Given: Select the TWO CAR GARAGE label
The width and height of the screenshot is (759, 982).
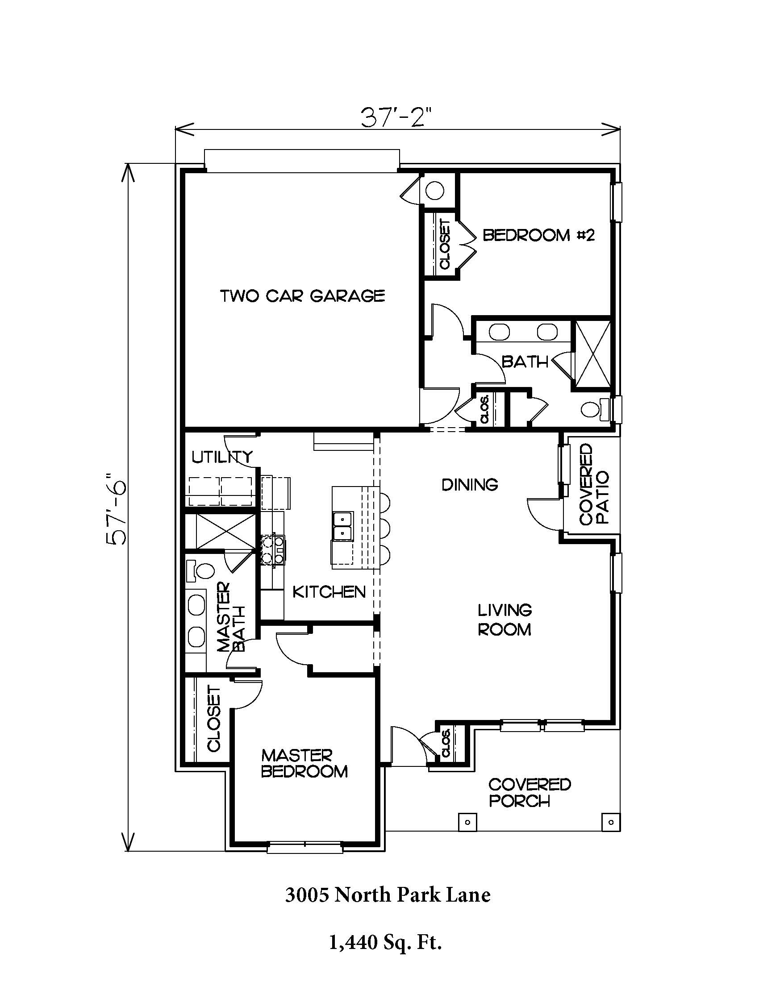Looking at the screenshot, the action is pyautogui.click(x=303, y=296).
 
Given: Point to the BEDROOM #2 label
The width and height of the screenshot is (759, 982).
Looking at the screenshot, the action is pyautogui.click(x=539, y=235).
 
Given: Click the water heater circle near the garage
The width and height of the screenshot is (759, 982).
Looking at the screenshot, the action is pyautogui.click(x=435, y=190).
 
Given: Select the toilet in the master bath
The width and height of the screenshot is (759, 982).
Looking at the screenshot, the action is pyautogui.click(x=200, y=570).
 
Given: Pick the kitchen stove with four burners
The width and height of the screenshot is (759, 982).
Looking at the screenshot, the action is pyautogui.click(x=273, y=549).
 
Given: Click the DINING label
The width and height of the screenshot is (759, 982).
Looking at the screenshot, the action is pyautogui.click(x=470, y=485).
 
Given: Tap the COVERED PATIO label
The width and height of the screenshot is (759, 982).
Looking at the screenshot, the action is pyautogui.click(x=594, y=484).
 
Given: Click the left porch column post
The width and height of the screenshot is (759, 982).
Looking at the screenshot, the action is pyautogui.click(x=467, y=822).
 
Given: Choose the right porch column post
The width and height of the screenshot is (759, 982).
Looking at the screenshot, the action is pyautogui.click(x=611, y=822).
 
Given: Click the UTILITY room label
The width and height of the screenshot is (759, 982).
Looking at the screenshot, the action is pyautogui.click(x=222, y=457).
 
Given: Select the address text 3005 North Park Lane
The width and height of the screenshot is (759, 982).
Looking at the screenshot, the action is pyautogui.click(x=388, y=895).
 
